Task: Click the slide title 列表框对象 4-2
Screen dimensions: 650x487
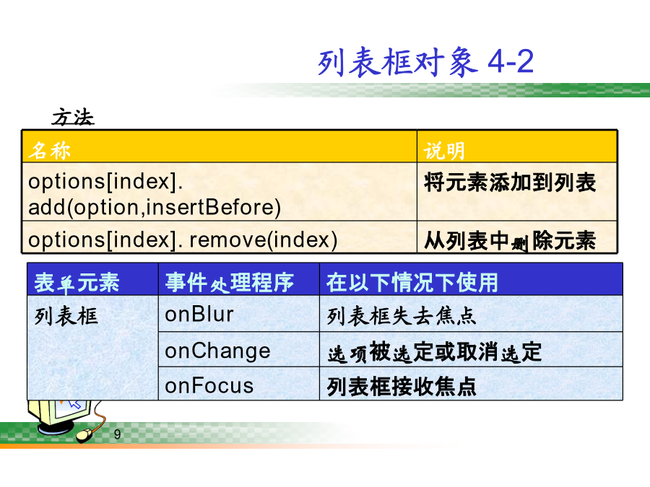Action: pyautogui.click(x=425, y=62)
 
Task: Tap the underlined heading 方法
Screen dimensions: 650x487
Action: pyautogui.click(x=73, y=117)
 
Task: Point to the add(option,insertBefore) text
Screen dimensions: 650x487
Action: pyautogui.click(x=155, y=208)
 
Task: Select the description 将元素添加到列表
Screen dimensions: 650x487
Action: pyautogui.click(x=510, y=183)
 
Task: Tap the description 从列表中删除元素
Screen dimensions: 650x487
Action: pyautogui.click(x=510, y=240)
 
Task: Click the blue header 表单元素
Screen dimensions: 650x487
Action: pyautogui.click(x=77, y=283)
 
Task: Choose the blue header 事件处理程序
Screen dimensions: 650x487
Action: pyautogui.click(x=230, y=283)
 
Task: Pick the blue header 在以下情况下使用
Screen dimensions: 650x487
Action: pyautogui.click(x=412, y=283)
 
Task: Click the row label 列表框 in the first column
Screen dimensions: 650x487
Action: pyautogui.click(x=66, y=317)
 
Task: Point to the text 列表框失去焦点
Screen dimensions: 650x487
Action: pyautogui.click(x=402, y=316)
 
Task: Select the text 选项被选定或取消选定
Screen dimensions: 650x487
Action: pyautogui.click(x=435, y=352)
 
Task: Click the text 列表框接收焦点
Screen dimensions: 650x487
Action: pyautogui.click(x=402, y=387)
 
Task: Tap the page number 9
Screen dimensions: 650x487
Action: pyautogui.click(x=117, y=434)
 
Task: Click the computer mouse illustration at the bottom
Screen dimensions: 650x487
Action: pyautogui.click(x=85, y=435)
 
